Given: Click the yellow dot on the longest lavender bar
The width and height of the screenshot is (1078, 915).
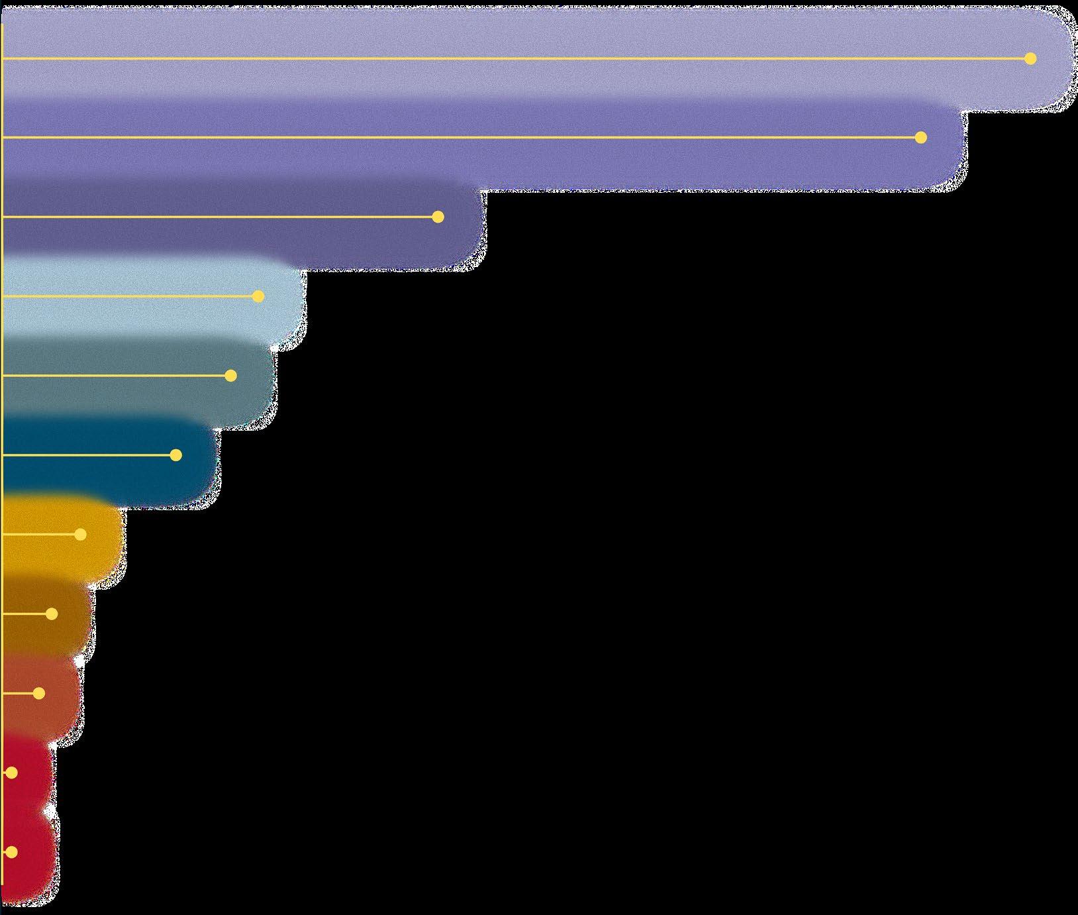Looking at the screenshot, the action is tap(1030, 59).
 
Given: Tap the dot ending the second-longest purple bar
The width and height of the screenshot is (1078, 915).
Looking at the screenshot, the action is tap(920, 138).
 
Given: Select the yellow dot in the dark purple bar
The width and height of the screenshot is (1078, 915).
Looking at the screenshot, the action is tap(438, 217).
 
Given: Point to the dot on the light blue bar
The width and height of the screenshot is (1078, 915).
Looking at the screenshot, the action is tap(258, 296).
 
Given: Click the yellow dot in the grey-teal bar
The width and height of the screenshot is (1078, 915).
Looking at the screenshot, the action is tap(230, 376).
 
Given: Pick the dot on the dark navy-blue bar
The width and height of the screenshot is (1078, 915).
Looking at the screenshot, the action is tap(175, 455).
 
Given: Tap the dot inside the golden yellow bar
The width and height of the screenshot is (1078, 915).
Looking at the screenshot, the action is tap(81, 535).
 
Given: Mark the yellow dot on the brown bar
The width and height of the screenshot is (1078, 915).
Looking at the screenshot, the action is tap(52, 614).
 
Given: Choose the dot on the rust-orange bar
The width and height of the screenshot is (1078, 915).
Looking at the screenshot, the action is tap(39, 694).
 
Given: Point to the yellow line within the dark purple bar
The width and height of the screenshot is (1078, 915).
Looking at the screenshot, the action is tap(219, 217).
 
